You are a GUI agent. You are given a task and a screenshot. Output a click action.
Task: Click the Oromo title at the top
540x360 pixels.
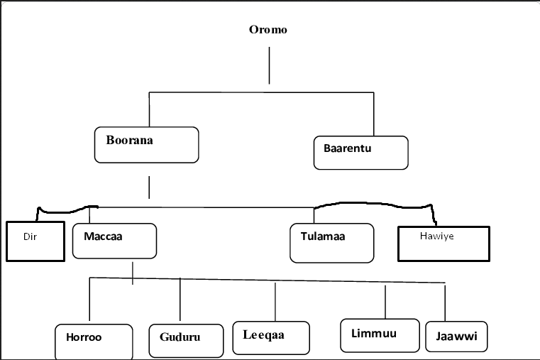point(268,30)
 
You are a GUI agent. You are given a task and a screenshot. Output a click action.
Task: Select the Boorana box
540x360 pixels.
point(146,145)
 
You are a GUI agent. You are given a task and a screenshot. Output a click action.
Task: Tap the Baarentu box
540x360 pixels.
point(360,153)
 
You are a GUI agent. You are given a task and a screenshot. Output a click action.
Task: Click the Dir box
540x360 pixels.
point(35,241)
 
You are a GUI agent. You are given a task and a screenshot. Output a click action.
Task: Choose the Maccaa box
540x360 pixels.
point(114,241)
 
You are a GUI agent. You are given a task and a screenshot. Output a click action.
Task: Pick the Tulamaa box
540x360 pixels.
point(331,243)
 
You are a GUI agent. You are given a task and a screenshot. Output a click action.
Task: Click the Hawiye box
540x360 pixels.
point(443,244)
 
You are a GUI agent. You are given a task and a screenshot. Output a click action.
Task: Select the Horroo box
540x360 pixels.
point(94,342)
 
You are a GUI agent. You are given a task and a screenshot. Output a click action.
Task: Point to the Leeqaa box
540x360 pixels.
point(270,338)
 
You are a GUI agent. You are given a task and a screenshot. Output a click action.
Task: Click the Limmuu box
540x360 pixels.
point(378,336)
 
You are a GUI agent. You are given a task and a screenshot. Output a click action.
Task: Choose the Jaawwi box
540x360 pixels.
point(457,337)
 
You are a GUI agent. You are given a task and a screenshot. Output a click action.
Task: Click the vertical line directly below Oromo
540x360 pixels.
point(269,66)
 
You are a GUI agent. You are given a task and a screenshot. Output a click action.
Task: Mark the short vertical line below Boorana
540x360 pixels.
point(149,187)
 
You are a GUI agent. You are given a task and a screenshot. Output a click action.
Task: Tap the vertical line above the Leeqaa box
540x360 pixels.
point(275,302)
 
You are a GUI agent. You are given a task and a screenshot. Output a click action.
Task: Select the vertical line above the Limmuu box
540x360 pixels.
point(385,302)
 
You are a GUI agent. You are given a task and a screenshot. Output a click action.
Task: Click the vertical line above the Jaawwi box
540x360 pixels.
point(445,303)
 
